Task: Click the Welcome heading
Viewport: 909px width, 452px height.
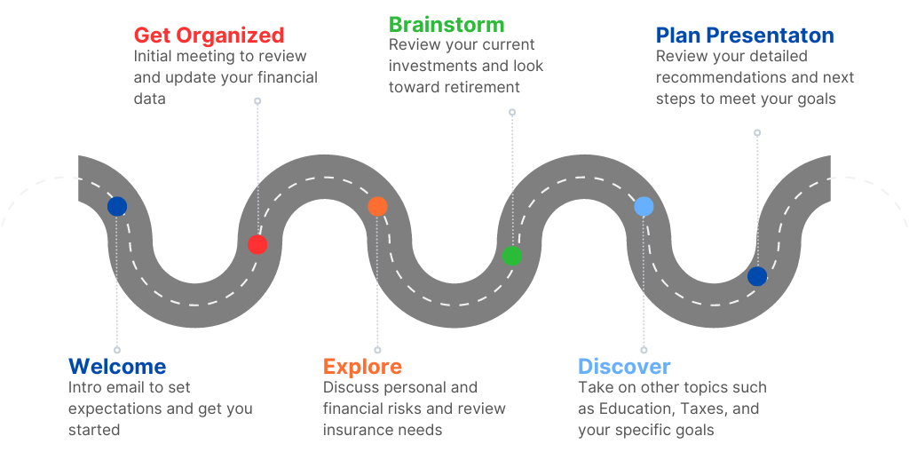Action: [117, 367]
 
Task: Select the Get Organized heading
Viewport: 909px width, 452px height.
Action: [209, 36]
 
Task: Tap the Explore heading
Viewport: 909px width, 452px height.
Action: [362, 367]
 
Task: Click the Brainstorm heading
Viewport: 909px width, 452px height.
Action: [446, 24]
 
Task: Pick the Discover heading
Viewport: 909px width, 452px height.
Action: [624, 367]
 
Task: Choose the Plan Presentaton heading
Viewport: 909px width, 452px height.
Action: [745, 36]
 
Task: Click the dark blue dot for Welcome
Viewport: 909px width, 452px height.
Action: [117, 207]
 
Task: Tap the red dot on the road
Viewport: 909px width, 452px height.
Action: [257, 244]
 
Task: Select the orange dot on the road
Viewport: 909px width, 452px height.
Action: [377, 207]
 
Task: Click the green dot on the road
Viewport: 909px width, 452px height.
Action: [511, 256]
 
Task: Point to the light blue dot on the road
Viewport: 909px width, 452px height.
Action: [644, 207]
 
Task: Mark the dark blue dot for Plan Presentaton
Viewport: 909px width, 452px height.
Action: [757, 276]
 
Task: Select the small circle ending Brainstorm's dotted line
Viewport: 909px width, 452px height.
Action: [512, 113]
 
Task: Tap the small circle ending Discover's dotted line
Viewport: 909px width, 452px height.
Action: [644, 350]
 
